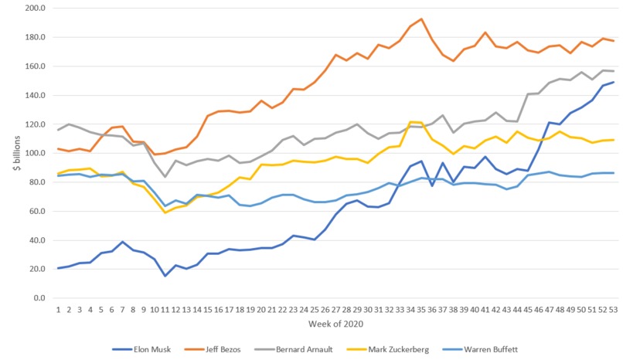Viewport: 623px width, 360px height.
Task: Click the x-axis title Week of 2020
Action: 333,324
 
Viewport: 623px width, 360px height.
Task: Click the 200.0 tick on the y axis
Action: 35,8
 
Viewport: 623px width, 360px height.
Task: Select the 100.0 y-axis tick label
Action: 35,154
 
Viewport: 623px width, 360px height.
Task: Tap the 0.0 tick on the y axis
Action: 38,298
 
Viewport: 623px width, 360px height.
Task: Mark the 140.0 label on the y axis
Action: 35,96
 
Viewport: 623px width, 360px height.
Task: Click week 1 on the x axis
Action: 58,309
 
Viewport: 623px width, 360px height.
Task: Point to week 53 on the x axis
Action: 612,309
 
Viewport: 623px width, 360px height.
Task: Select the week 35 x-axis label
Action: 420,309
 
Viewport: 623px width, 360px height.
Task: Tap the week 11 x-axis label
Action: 165,309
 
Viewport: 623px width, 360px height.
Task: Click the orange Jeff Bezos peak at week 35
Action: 420,19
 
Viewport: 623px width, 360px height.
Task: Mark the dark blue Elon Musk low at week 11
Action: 165,276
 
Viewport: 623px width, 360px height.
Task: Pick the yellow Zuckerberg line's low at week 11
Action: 165,212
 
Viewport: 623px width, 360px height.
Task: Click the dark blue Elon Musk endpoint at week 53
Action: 612,82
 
